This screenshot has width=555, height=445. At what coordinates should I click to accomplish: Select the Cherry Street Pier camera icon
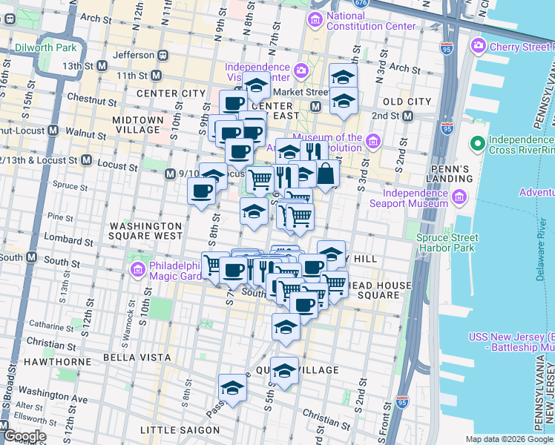click(x=478, y=46)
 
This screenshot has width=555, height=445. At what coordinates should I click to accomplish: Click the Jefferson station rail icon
click(x=161, y=55)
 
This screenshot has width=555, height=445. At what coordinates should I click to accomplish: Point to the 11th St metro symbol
click(x=156, y=76)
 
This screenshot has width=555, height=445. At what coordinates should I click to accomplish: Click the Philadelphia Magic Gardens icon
click(x=137, y=268)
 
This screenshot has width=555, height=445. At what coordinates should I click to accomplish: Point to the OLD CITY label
click(x=406, y=101)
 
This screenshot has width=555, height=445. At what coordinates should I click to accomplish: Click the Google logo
click(x=25, y=436)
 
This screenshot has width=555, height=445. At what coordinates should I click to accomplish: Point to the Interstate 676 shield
click(x=361, y=3)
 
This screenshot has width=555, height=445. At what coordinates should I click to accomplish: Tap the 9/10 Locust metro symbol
click(x=168, y=174)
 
